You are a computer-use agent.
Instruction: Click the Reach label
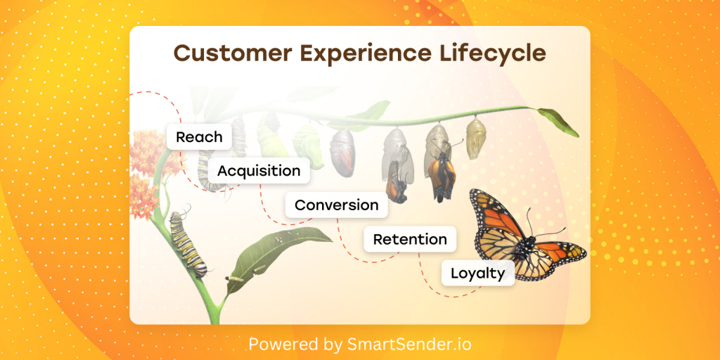click(x=199, y=137)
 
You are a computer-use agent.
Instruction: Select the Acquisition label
click(x=259, y=171)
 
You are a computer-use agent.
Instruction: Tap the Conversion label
click(x=337, y=205)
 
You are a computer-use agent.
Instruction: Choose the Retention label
click(x=410, y=239)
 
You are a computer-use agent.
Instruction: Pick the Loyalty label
click(x=478, y=274)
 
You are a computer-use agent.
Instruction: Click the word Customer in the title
click(x=232, y=53)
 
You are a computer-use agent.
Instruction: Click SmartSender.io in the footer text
click(x=409, y=344)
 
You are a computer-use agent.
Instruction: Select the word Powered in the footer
click(x=280, y=344)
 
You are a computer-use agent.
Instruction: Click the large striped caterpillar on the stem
click(x=187, y=243)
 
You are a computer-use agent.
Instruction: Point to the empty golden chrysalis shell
click(x=476, y=138)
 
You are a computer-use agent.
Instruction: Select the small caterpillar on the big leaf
click(x=234, y=278)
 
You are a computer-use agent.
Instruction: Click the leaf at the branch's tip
click(x=558, y=122)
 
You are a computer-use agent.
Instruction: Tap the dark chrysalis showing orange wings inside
click(x=342, y=151)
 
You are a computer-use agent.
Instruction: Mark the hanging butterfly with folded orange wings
click(x=442, y=176)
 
